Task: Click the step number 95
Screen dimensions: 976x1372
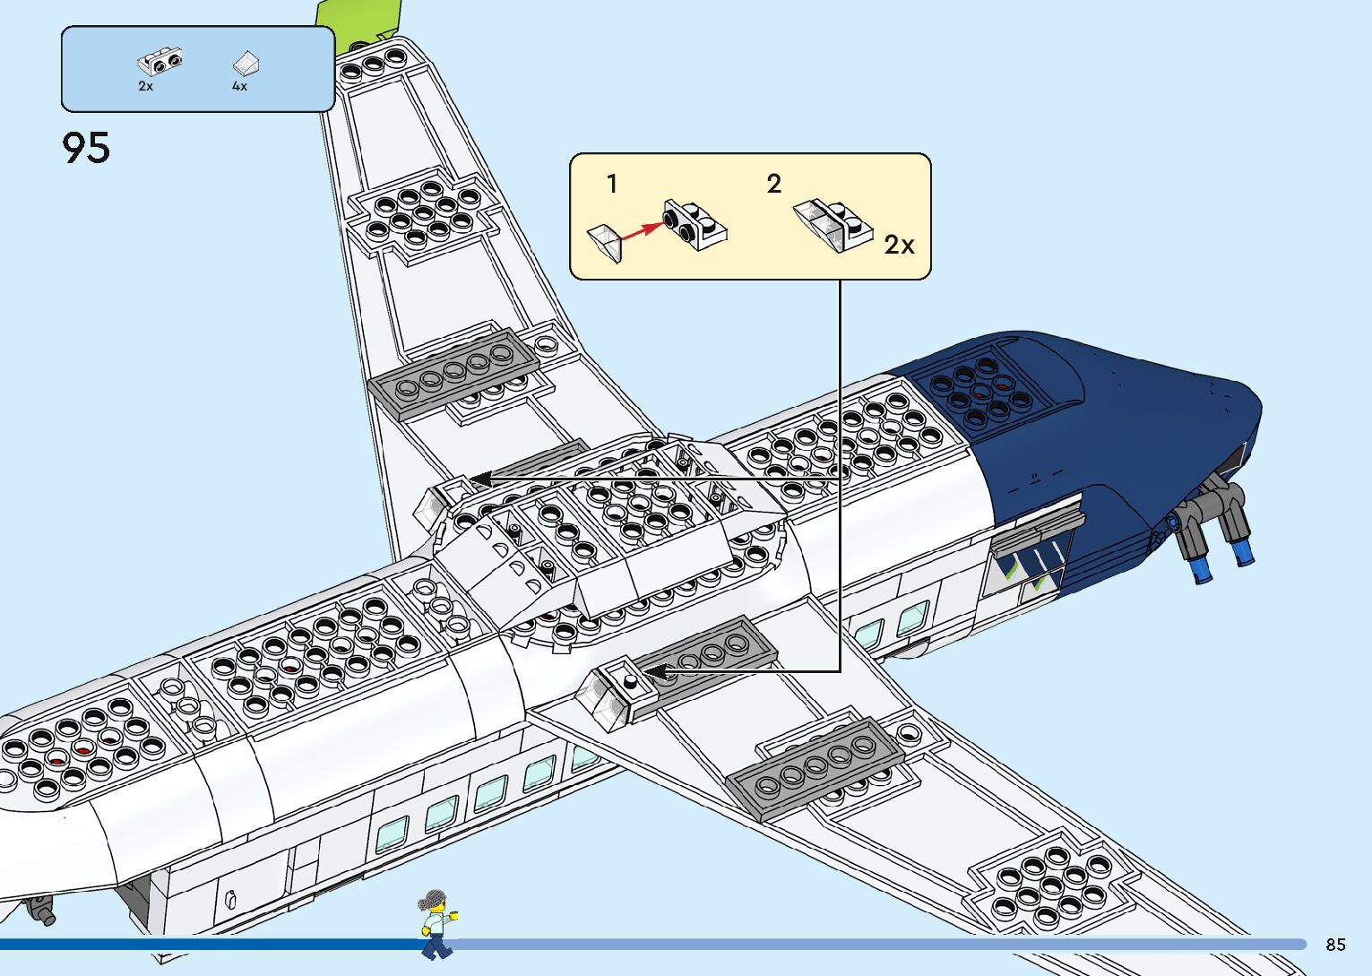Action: [x=86, y=148]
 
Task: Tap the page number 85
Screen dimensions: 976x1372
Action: [x=1335, y=945]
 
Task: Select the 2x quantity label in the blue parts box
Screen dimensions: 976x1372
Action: [x=145, y=87]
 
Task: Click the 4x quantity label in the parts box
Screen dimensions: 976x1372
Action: [x=239, y=87]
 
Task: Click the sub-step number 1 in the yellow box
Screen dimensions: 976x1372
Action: [x=612, y=185]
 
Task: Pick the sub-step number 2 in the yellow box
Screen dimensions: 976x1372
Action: [x=774, y=185]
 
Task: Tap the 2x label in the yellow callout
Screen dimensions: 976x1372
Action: [x=899, y=245]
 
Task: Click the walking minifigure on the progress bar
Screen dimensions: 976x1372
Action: [x=436, y=923]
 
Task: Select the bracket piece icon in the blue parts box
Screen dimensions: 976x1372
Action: [x=159, y=61]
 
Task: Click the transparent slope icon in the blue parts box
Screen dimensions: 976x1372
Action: [x=246, y=63]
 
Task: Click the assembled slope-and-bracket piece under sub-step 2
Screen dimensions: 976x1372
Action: [x=833, y=224]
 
